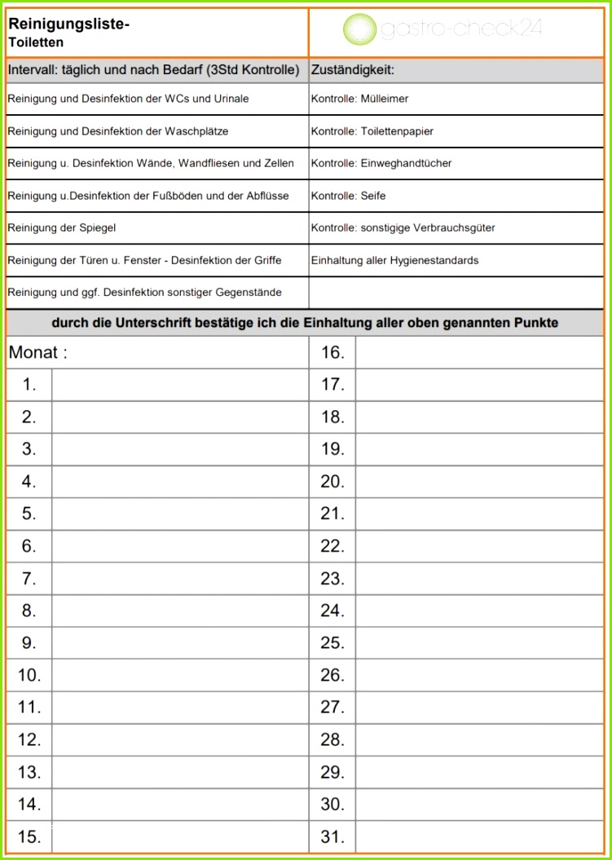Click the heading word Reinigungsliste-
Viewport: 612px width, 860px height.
69,24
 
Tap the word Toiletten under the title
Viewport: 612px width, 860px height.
36,42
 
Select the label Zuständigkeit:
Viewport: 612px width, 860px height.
353,71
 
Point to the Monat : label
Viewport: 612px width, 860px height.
37,353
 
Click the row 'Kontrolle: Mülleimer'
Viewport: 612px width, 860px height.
359,99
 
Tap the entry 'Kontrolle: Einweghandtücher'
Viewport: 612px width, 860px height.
381,163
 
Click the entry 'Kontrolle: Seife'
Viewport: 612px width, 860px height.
348,196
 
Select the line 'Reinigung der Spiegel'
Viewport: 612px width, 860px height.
56,228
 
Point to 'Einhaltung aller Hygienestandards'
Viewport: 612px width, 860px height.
394,261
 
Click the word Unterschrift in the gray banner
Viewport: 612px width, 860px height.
154,323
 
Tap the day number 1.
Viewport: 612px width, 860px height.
29,385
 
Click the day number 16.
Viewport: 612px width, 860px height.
332,353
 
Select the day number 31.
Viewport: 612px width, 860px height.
332,836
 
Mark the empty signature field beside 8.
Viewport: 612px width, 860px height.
179,611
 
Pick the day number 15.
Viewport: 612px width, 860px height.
29,836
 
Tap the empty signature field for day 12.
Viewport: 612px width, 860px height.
179,739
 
